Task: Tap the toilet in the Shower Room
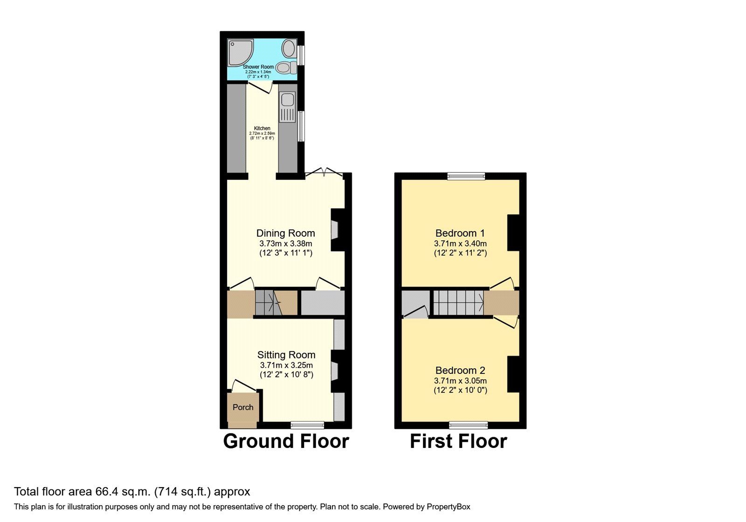(286, 68)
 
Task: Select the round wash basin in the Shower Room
(289, 48)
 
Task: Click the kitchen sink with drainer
(287, 107)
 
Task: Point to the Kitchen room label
(262, 128)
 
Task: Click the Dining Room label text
(285, 233)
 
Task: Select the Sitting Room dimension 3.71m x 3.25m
(286, 365)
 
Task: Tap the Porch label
(243, 407)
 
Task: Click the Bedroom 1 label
(460, 233)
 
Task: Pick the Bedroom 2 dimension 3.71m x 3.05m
(460, 381)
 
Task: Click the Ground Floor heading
(286, 441)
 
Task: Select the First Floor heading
(458, 441)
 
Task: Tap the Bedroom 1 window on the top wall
(466, 176)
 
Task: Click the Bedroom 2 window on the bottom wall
(469, 425)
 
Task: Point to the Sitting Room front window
(307, 425)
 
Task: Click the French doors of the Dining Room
(324, 173)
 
